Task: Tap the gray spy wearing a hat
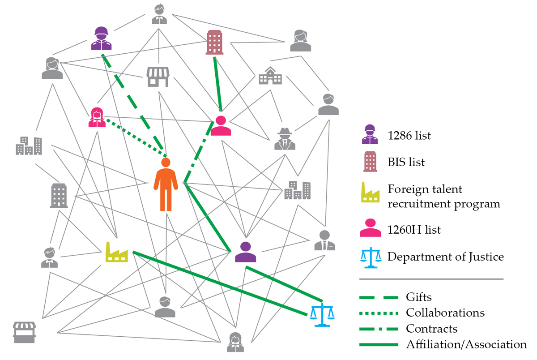tap(285, 139)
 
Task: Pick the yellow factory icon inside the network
tap(116, 252)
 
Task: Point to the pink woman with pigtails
tap(96, 117)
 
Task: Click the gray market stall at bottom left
tap(24, 332)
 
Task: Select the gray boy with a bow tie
tap(50, 257)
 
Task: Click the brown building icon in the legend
tap(370, 162)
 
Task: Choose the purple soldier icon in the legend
tap(370, 134)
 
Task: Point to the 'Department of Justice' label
tap(445, 257)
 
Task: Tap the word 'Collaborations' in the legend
tap(445, 313)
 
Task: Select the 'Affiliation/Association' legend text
tap(466, 344)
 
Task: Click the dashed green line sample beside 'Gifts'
tap(379, 297)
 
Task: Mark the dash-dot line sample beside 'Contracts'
tap(379, 329)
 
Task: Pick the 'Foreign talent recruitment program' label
tap(443, 197)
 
